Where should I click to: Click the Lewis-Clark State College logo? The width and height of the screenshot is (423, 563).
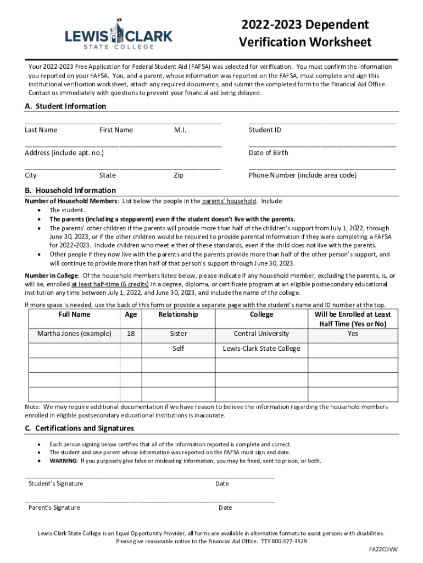(x=119, y=34)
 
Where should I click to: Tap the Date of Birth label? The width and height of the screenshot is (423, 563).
(x=268, y=153)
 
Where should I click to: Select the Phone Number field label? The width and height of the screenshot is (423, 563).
(x=302, y=175)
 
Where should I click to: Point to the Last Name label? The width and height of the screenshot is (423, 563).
(x=41, y=130)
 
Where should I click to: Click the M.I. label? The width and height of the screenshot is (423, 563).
(x=180, y=130)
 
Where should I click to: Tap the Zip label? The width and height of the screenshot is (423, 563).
(x=179, y=175)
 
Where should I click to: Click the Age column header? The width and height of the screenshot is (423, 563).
(x=131, y=314)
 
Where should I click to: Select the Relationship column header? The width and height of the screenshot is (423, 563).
(x=178, y=314)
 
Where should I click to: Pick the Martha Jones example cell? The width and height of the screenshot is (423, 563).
(x=74, y=334)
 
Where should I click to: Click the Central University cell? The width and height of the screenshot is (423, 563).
(x=261, y=334)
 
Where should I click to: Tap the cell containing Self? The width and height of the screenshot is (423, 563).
(x=178, y=349)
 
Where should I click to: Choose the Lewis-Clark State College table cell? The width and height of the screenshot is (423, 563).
(x=261, y=349)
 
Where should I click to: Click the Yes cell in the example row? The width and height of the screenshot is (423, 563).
(x=353, y=334)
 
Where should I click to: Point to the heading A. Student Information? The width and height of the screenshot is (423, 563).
(x=65, y=106)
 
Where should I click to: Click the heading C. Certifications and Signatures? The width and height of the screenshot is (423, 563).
(x=79, y=428)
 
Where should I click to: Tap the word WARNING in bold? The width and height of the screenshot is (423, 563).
(x=63, y=461)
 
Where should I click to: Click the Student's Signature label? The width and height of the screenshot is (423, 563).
(x=56, y=484)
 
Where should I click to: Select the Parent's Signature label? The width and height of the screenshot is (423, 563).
(x=54, y=507)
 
